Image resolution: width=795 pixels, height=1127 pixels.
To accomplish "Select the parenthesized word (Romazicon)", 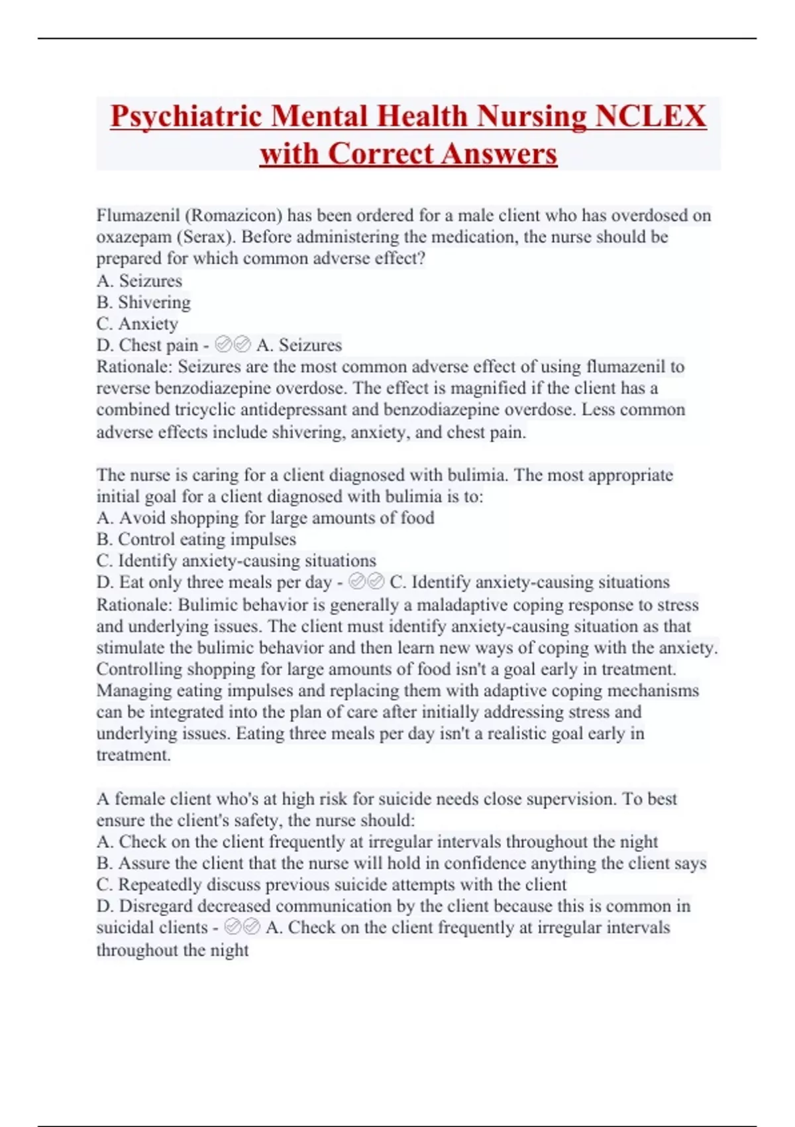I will point(234,215).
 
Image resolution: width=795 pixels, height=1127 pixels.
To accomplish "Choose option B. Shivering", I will point(143,302).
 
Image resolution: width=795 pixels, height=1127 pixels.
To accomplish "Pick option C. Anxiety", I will point(137,324).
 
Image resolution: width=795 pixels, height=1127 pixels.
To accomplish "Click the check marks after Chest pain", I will point(233,345).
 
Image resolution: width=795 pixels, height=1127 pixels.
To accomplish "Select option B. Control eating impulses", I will point(196,539).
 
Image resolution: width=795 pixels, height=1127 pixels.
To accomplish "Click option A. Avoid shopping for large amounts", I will point(265,518).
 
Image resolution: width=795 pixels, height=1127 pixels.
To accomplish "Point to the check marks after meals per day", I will point(366,582).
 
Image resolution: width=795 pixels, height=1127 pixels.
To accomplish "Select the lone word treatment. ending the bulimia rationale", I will point(133,755).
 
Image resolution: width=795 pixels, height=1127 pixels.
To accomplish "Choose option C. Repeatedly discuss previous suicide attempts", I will point(331,884).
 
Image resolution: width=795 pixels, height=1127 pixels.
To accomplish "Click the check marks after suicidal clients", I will point(242,927).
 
